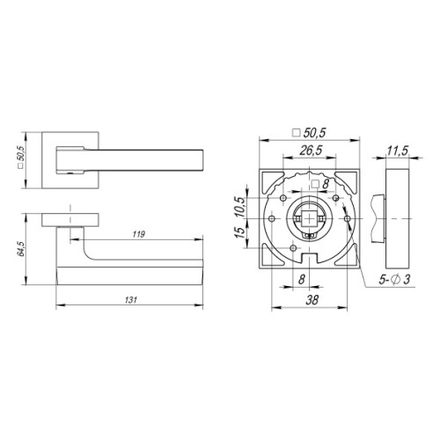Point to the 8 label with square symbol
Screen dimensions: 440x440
(320, 184)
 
